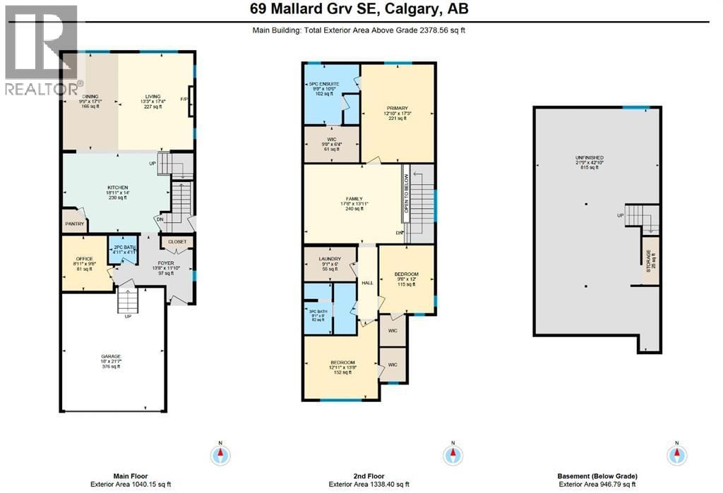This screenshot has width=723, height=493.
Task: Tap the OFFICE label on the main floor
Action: click(x=84, y=259)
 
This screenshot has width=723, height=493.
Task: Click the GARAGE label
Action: click(x=110, y=357)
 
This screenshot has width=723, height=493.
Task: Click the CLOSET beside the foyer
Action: click(x=177, y=242)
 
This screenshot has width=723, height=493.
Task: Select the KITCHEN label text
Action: click(x=117, y=188)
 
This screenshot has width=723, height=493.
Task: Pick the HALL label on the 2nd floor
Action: click(x=367, y=282)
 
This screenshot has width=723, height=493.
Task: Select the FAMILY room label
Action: click(x=354, y=199)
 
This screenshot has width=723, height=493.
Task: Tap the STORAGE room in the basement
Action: click(x=650, y=262)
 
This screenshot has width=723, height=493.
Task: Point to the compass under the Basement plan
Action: click(x=676, y=454)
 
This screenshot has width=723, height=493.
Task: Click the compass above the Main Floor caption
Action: click(x=220, y=454)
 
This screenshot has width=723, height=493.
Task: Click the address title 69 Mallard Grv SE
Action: click(x=360, y=9)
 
